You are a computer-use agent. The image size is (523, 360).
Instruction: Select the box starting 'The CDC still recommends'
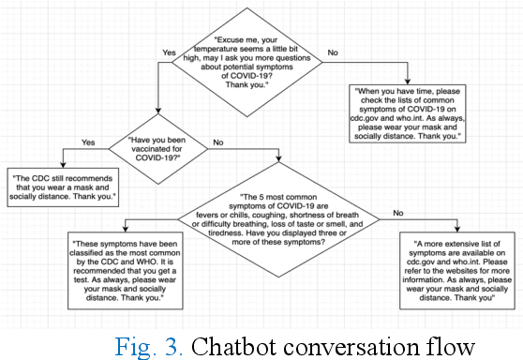62,188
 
